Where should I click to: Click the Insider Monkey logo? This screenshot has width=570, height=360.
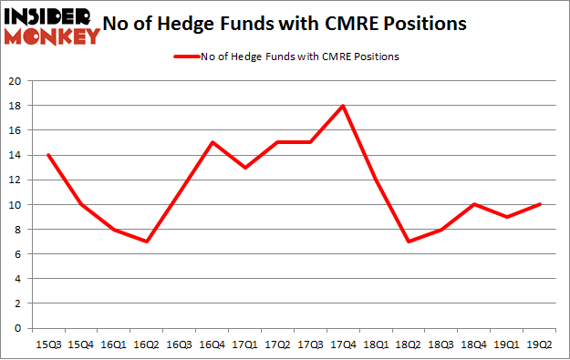pyautogui.click(x=52, y=25)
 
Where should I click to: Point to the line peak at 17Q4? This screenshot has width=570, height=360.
pyautogui.click(x=342, y=106)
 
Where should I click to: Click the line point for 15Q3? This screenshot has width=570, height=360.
pyautogui.click(x=47, y=155)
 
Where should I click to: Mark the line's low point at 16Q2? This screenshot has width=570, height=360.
pyautogui.click(x=146, y=242)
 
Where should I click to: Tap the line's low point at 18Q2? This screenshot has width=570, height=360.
pyautogui.click(x=408, y=242)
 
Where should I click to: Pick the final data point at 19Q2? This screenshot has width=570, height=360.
pyautogui.click(x=539, y=204)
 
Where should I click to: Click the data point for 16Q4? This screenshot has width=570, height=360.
pyautogui.click(x=212, y=142)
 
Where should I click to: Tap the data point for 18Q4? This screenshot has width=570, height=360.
pyautogui.click(x=473, y=204)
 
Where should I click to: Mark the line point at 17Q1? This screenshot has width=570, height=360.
pyautogui.click(x=244, y=167)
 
